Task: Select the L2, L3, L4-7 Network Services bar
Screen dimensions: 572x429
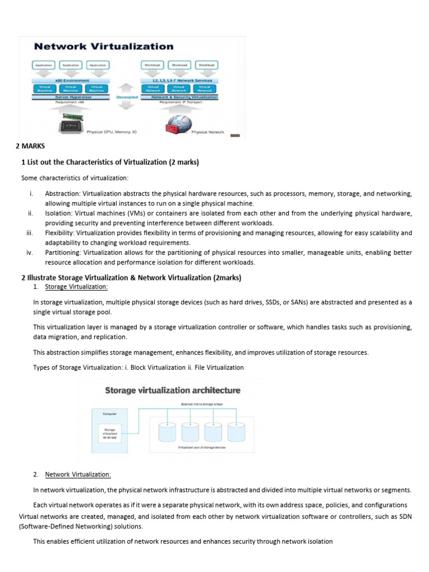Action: click(x=178, y=80)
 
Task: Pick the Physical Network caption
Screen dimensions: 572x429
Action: click(x=207, y=132)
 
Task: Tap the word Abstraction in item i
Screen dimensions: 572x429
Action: click(x=63, y=194)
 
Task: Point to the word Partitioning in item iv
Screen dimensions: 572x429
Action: click(x=62, y=252)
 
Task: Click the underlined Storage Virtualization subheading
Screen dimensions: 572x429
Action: click(x=76, y=287)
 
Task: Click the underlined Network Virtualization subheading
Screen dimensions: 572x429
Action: click(x=78, y=475)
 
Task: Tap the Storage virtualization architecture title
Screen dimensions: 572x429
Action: click(x=173, y=390)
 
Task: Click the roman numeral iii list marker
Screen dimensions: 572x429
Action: click(x=30, y=233)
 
